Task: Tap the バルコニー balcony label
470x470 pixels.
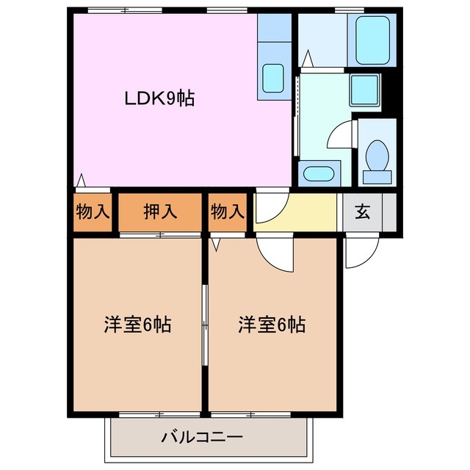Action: point(202,438)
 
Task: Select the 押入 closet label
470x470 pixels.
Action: point(160,212)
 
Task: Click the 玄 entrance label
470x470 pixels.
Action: point(362,212)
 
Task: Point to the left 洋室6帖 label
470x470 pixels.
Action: point(137,324)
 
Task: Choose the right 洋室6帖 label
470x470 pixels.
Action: point(271,324)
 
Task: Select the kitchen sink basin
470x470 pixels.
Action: point(274,77)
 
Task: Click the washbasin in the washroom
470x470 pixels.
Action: point(318,175)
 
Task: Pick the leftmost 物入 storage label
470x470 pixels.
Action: point(93,212)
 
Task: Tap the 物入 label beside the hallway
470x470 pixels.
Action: point(227,212)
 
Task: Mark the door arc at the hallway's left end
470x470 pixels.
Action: point(267,208)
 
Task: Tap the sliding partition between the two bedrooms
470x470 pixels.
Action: point(205,323)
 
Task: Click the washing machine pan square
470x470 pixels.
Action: point(363,89)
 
